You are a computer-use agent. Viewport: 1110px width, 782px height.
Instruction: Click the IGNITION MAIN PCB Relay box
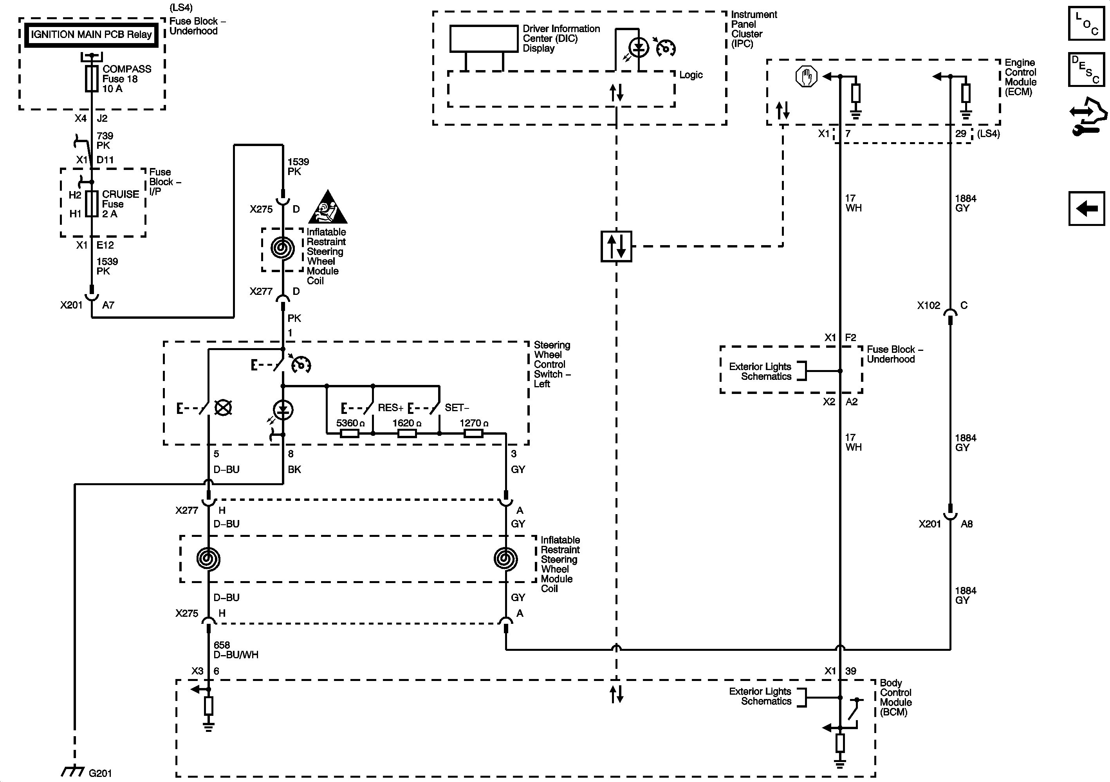(x=91, y=35)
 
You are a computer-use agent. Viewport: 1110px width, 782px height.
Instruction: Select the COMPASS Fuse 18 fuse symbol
(x=91, y=79)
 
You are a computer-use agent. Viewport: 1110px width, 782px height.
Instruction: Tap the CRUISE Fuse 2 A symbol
(x=91, y=204)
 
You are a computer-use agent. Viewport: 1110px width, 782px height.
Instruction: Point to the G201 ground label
(x=100, y=773)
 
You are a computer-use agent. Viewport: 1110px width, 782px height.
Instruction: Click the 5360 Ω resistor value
(x=350, y=423)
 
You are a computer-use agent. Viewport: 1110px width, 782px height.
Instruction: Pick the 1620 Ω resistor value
(x=406, y=423)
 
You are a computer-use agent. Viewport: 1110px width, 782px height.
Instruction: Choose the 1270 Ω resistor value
(x=473, y=423)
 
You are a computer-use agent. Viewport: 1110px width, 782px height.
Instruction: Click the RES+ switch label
(x=390, y=408)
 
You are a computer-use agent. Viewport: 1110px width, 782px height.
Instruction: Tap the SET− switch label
(x=457, y=408)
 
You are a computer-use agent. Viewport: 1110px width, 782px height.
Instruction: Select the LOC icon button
(x=1086, y=23)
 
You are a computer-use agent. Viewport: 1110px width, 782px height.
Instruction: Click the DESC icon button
(x=1086, y=69)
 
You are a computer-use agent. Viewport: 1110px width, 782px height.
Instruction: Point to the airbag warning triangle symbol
(x=328, y=208)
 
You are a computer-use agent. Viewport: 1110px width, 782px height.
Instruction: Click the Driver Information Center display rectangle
(x=484, y=39)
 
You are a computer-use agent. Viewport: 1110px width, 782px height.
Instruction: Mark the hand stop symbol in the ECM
(x=806, y=76)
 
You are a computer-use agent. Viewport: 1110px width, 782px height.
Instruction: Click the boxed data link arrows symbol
(x=616, y=246)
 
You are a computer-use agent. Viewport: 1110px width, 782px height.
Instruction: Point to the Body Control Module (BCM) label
(x=895, y=697)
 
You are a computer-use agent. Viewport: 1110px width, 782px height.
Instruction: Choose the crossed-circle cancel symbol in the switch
(x=223, y=408)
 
